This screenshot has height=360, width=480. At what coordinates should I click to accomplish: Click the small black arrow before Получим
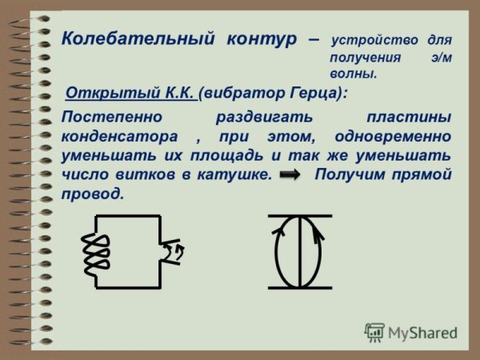[290, 174]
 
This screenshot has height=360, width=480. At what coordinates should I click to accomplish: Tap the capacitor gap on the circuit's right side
[170, 250]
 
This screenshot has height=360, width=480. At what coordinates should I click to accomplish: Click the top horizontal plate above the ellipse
[299, 215]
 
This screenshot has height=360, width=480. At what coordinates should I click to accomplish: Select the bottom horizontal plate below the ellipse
[299, 286]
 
